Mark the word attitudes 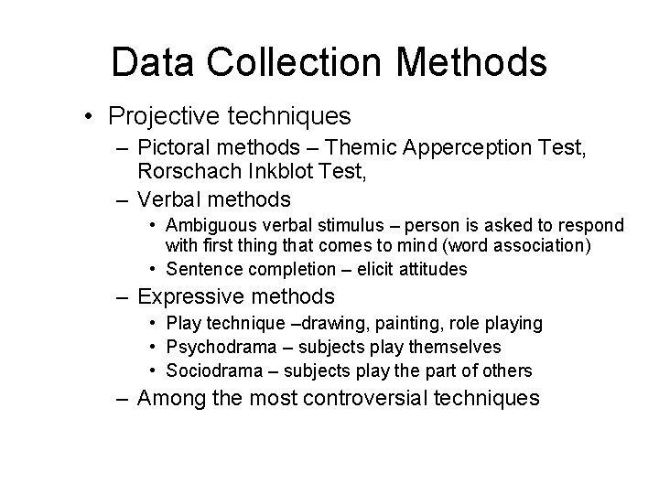pyautogui.click(x=430, y=269)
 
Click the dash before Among pyautogui.click(x=124, y=400)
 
